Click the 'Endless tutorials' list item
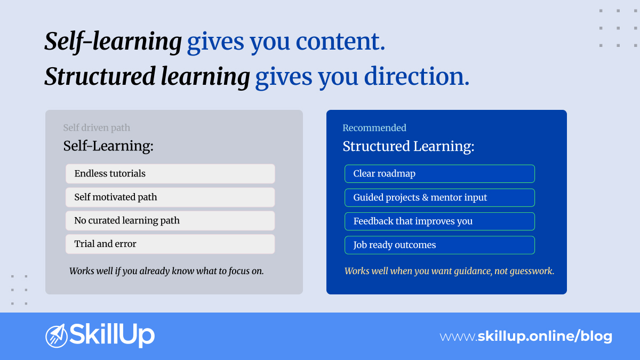[170, 174]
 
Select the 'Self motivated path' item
[170, 197]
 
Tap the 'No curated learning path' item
[170, 221]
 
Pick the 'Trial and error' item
[170, 244]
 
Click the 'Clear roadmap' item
[439, 174]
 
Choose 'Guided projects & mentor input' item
[439, 197]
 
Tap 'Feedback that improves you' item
[439, 221]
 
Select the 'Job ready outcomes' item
[439, 245]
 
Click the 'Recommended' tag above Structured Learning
[374, 128]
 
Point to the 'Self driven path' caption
[97, 128]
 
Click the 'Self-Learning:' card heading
[108, 146]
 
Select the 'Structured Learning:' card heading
[408, 146]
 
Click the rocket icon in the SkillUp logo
[56, 335]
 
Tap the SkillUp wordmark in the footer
[113, 335]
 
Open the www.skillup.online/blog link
[526, 337]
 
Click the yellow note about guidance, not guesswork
[449, 271]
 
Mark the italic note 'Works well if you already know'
[166, 271]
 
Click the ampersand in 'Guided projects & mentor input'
[425, 197]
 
